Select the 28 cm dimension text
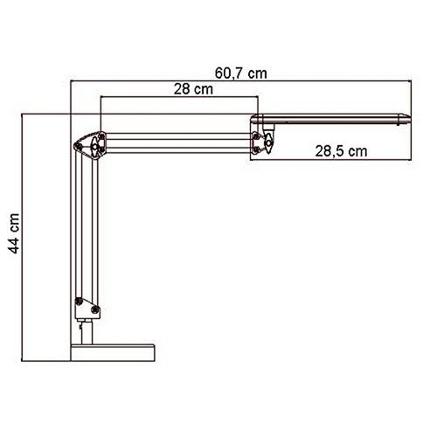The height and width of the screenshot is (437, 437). pos(192,87)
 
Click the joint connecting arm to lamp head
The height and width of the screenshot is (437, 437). pos(262,140)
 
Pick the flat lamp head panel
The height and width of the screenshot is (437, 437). pos(332,117)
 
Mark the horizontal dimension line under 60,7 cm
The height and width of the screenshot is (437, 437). pos(240,84)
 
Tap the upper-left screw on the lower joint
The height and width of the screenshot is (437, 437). pos(81,300)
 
